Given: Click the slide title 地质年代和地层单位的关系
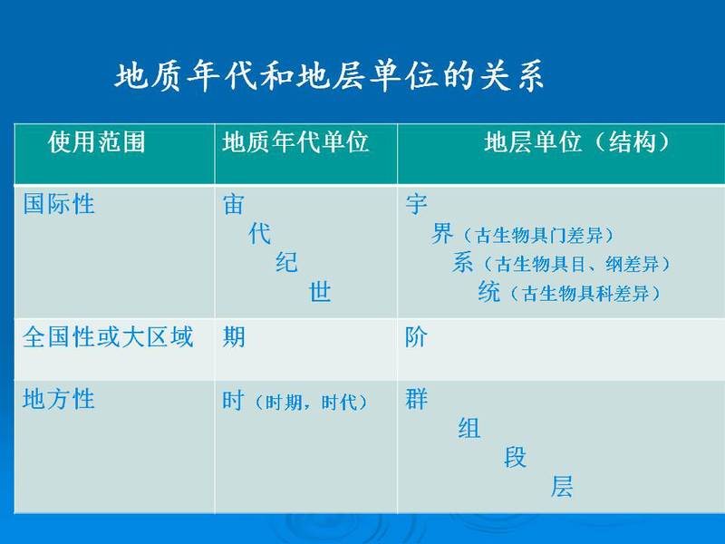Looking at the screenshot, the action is pyautogui.click(x=329, y=76).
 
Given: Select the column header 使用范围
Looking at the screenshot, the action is pyautogui.click(x=97, y=141).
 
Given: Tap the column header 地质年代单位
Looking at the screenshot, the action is pyautogui.click(x=295, y=141).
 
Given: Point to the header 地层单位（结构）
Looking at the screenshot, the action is pyautogui.click(x=577, y=141).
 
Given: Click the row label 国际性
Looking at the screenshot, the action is pyautogui.click(x=59, y=204).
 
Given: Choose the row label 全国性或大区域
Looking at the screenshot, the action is pyautogui.click(x=108, y=336).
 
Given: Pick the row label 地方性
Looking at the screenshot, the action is pyautogui.click(x=59, y=399).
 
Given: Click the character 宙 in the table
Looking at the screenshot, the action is pyautogui.click(x=233, y=205).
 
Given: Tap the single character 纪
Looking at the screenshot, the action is pyautogui.click(x=286, y=262).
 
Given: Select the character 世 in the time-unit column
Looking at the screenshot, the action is pyautogui.click(x=320, y=291).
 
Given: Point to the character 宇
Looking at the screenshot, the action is pyautogui.click(x=416, y=204).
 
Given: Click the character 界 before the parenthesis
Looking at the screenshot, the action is pyautogui.click(x=442, y=233).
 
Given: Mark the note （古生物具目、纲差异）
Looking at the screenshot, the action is pyautogui.click(x=576, y=264).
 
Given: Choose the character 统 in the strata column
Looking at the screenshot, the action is pyautogui.click(x=489, y=291).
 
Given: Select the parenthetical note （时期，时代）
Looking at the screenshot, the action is pyautogui.click(x=311, y=402).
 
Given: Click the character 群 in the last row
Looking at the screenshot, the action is pyautogui.click(x=416, y=399).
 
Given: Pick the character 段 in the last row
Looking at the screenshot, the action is pyautogui.click(x=515, y=457).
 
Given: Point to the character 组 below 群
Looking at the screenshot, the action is pyautogui.click(x=469, y=428).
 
